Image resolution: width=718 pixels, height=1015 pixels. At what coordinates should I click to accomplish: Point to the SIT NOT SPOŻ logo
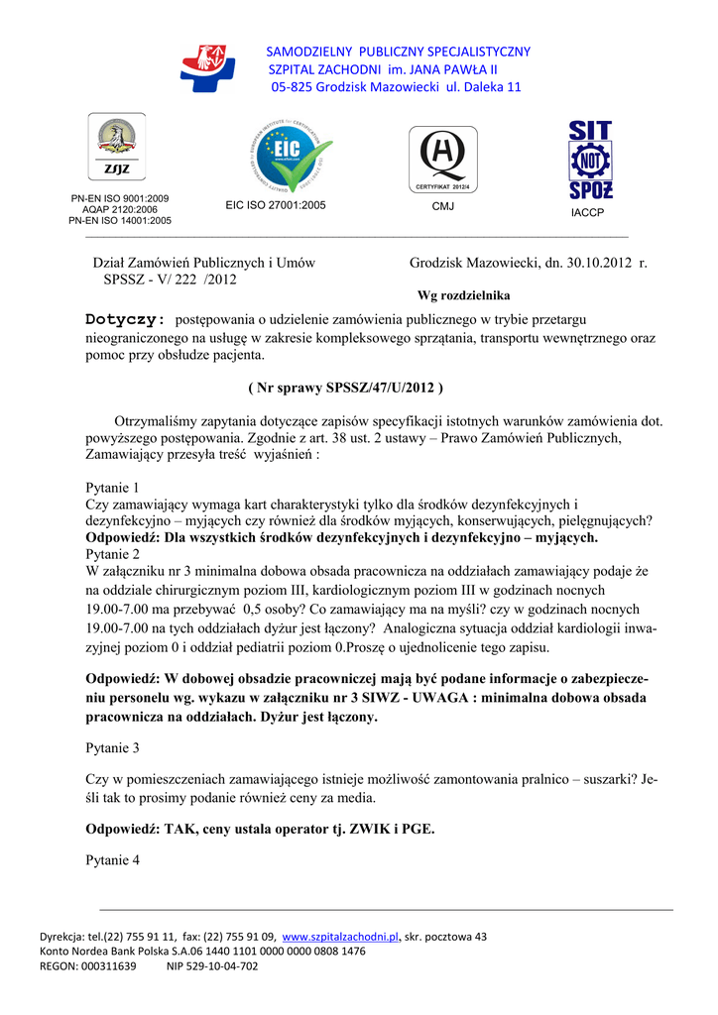590,161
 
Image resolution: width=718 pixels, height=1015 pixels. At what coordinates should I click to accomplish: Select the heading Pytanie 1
113,488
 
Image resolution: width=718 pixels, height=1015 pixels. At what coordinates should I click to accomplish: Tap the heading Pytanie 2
113,554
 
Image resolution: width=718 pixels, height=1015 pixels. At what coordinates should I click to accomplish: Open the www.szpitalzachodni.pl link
340,937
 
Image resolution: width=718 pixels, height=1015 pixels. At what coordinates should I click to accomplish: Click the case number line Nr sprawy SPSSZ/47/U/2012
344,387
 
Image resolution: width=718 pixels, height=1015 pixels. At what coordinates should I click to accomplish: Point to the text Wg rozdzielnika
463,295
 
